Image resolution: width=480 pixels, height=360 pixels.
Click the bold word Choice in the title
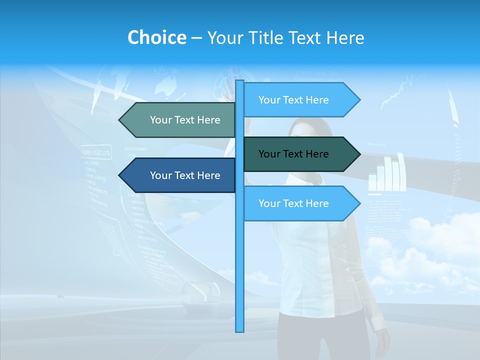156,37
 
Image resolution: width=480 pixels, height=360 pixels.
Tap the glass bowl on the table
200,293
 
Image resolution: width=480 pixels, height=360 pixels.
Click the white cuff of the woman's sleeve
378,323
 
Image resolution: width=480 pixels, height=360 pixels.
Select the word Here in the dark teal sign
316,154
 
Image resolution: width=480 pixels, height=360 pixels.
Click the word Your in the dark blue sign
160,175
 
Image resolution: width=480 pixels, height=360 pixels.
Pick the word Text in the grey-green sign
184,120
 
